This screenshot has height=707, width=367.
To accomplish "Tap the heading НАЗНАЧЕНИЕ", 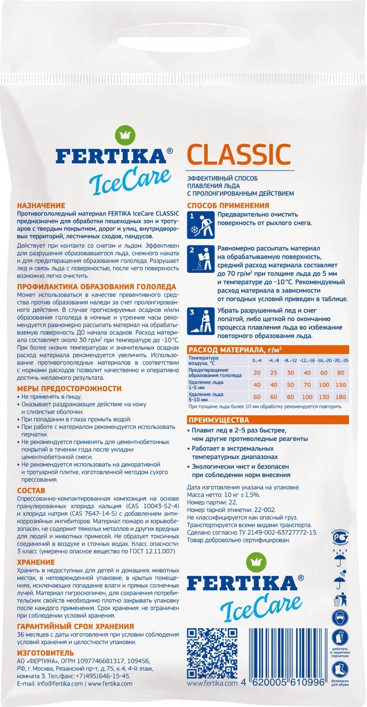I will click(x=41, y=205).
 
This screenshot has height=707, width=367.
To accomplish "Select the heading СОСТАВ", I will click(x=31, y=490).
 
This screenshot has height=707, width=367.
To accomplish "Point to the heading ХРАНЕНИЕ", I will click(x=36, y=562).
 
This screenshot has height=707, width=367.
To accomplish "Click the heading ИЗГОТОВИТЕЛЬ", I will click(x=46, y=653).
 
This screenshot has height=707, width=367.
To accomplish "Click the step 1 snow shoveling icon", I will click(x=200, y=225).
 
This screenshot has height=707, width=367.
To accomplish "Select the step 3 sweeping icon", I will click(x=200, y=321).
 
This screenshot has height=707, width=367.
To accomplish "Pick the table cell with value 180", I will click(x=340, y=397).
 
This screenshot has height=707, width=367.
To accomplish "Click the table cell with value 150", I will click(x=340, y=385).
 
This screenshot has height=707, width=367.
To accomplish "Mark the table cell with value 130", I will click(x=324, y=397).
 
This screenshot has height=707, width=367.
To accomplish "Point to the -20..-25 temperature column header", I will click(x=340, y=360).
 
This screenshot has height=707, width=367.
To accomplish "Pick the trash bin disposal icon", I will click(x=340, y=600).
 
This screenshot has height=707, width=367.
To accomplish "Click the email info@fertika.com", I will click(x=50, y=684).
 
